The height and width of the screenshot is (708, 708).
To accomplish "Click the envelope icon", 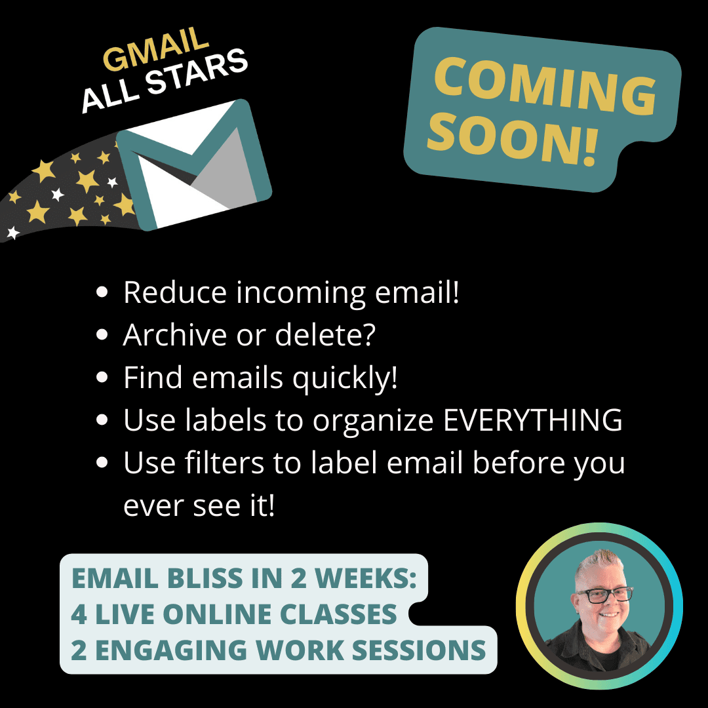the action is pyautogui.click(x=194, y=165).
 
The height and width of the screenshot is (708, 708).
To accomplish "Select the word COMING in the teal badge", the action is pyautogui.click(x=545, y=86).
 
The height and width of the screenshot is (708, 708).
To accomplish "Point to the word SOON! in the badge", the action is pyautogui.click(x=513, y=138).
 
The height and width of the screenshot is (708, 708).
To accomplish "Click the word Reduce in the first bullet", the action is pyautogui.click(x=175, y=292).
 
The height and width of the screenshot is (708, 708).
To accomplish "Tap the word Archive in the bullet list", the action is pyautogui.click(x=175, y=334).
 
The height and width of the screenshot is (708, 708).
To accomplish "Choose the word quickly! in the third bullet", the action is pyautogui.click(x=345, y=378).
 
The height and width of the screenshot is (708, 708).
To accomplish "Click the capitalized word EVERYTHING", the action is pyautogui.click(x=533, y=420).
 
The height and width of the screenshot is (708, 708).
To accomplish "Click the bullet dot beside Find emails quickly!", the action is pyautogui.click(x=102, y=377).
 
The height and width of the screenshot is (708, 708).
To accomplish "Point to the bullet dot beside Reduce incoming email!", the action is pyautogui.click(x=102, y=292).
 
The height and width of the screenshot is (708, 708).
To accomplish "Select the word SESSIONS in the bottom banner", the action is pyautogui.click(x=418, y=650).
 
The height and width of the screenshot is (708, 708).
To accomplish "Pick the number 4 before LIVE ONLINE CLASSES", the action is pyautogui.click(x=79, y=614).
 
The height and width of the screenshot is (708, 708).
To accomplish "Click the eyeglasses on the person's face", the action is pyautogui.click(x=605, y=595).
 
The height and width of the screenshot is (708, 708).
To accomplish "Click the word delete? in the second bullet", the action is pyautogui.click(x=325, y=334).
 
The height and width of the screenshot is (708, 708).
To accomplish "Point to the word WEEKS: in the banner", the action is pyautogui.click(x=365, y=578).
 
